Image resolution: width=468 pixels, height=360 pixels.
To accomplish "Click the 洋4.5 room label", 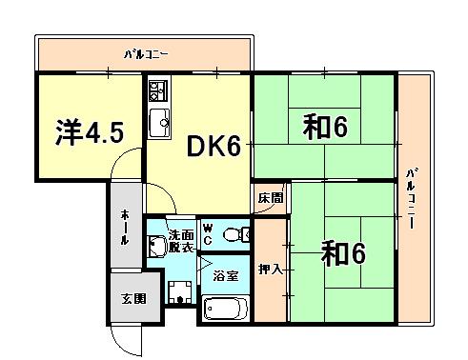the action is point(90,132).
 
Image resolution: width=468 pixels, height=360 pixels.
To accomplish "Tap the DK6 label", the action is point(214,146).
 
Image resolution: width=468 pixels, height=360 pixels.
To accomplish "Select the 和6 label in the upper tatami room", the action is point(325,127).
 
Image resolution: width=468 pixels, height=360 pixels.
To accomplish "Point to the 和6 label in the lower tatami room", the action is point(343,253).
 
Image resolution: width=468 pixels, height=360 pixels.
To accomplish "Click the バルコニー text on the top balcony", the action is point(146,54).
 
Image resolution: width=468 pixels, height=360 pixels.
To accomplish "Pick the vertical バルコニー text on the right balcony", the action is point(411,199).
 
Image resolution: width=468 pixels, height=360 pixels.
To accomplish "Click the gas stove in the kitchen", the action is point(156,90).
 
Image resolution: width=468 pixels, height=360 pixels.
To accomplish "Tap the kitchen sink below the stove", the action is point(159,123).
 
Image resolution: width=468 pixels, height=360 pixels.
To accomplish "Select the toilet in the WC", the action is point(236,235).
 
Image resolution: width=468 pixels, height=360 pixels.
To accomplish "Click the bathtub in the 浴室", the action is point(226,308).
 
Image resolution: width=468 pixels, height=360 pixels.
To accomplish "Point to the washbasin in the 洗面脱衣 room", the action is point(156,246).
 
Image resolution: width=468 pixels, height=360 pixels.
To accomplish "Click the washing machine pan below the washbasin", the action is point(180,292).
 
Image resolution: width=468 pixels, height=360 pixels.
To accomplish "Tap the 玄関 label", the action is point(133,299).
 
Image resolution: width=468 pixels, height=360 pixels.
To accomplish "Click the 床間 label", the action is point(270,198).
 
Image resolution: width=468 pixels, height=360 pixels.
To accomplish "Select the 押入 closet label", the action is point(270,270).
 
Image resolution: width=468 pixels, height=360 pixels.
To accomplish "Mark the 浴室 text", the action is point(226,275).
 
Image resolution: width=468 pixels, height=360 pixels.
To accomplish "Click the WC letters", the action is point(208,234).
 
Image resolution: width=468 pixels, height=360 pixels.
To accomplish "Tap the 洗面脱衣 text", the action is point(181,241).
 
